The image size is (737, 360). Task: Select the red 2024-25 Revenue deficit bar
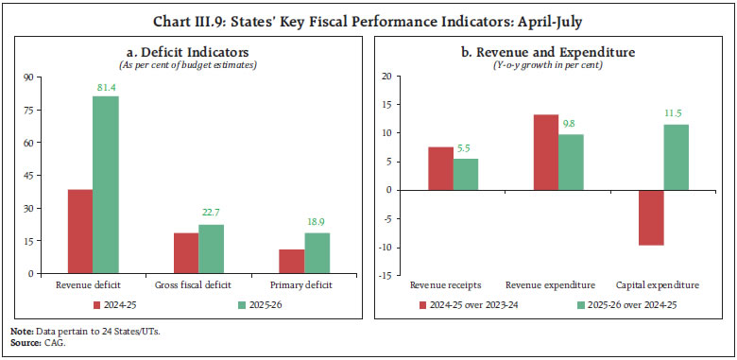[80, 231]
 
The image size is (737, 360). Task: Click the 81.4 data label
[105, 89]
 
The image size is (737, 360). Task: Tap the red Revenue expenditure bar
[545, 152]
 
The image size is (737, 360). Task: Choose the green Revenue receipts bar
[466, 174]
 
